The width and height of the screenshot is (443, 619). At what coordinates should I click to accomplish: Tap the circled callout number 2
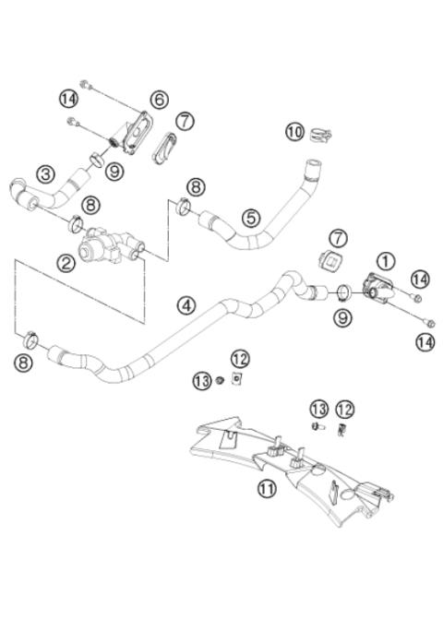(x=66, y=264)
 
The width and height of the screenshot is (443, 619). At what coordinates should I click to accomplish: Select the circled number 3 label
(x=44, y=173)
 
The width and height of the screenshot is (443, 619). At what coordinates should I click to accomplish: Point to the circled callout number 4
(x=188, y=305)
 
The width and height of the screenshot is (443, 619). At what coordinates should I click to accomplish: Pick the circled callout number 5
(x=251, y=218)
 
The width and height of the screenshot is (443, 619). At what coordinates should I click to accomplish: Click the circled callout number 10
(x=294, y=132)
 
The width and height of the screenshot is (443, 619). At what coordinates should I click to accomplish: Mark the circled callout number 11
(x=267, y=489)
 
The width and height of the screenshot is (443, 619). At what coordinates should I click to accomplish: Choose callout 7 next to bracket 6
(x=186, y=121)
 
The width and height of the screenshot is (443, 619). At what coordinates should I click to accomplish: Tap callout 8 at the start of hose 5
(x=195, y=187)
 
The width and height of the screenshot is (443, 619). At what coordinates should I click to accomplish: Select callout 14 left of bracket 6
(x=68, y=97)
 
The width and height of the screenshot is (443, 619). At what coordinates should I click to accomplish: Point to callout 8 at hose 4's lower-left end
(x=25, y=363)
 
